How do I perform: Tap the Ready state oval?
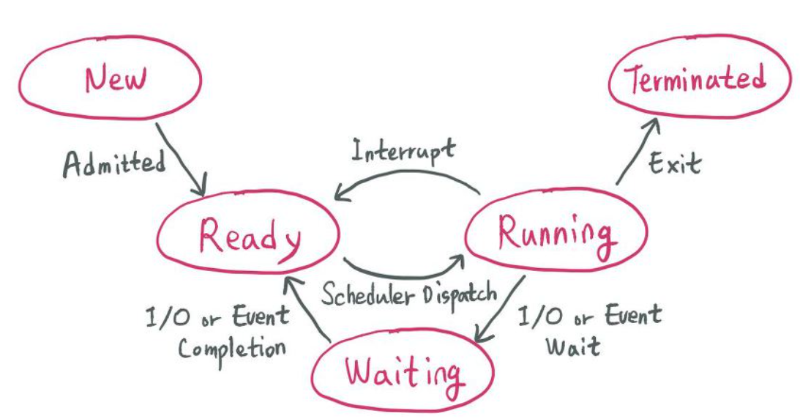coord(249,237)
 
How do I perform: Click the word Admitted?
coord(113,163)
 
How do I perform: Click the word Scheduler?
coord(370,295)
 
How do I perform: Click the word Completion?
coord(231,346)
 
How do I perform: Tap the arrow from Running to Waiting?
coord(501,308)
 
